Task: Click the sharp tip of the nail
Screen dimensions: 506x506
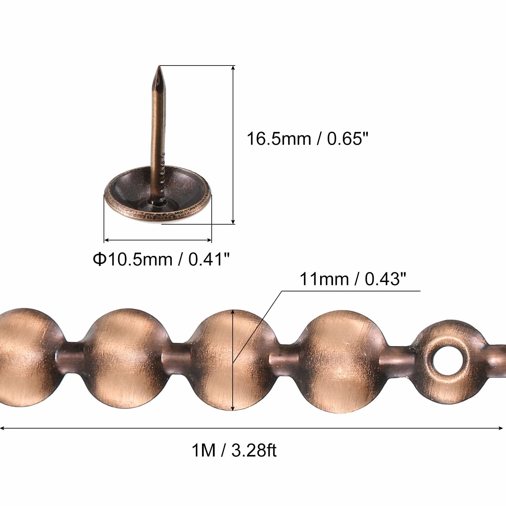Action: click(159, 66)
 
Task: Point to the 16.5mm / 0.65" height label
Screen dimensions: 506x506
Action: click(308, 139)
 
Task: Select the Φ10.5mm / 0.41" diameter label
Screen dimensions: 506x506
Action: click(162, 259)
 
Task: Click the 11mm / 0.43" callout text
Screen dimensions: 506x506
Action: click(353, 279)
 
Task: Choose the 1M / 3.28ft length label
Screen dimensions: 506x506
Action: click(234, 450)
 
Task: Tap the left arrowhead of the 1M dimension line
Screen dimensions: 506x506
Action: click(3, 428)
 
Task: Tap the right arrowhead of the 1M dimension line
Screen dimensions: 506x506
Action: click(501, 428)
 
